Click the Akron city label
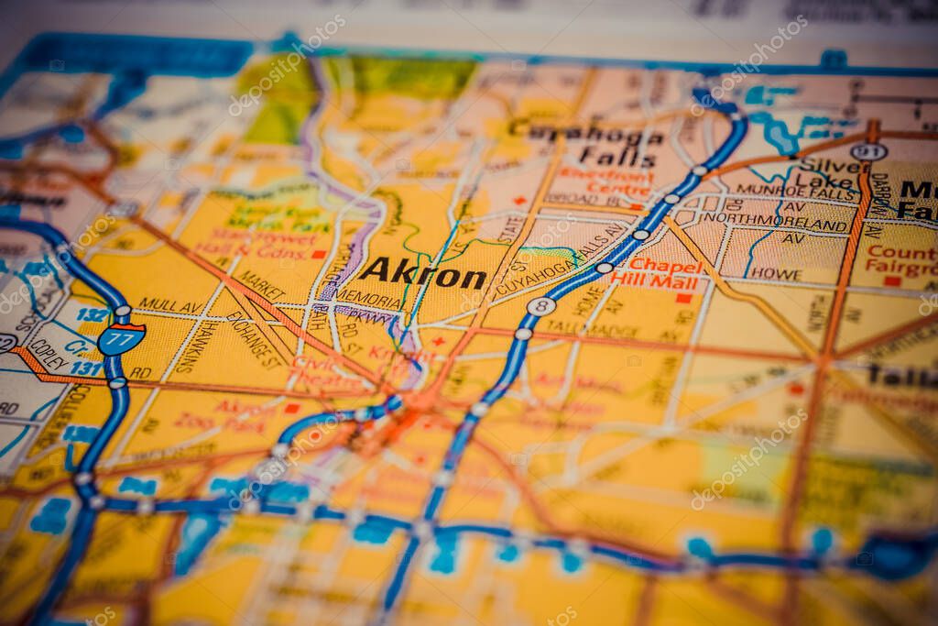(x=422, y=272)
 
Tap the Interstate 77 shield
(x=121, y=338)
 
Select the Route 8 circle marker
(x=540, y=306)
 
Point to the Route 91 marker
(x=867, y=151)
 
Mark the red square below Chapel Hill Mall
(x=683, y=298)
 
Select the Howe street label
(x=776, y=274)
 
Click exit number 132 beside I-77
(x=91, y=314)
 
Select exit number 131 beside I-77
(x=85, y=368)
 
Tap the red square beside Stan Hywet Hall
(x=318, y=254)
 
